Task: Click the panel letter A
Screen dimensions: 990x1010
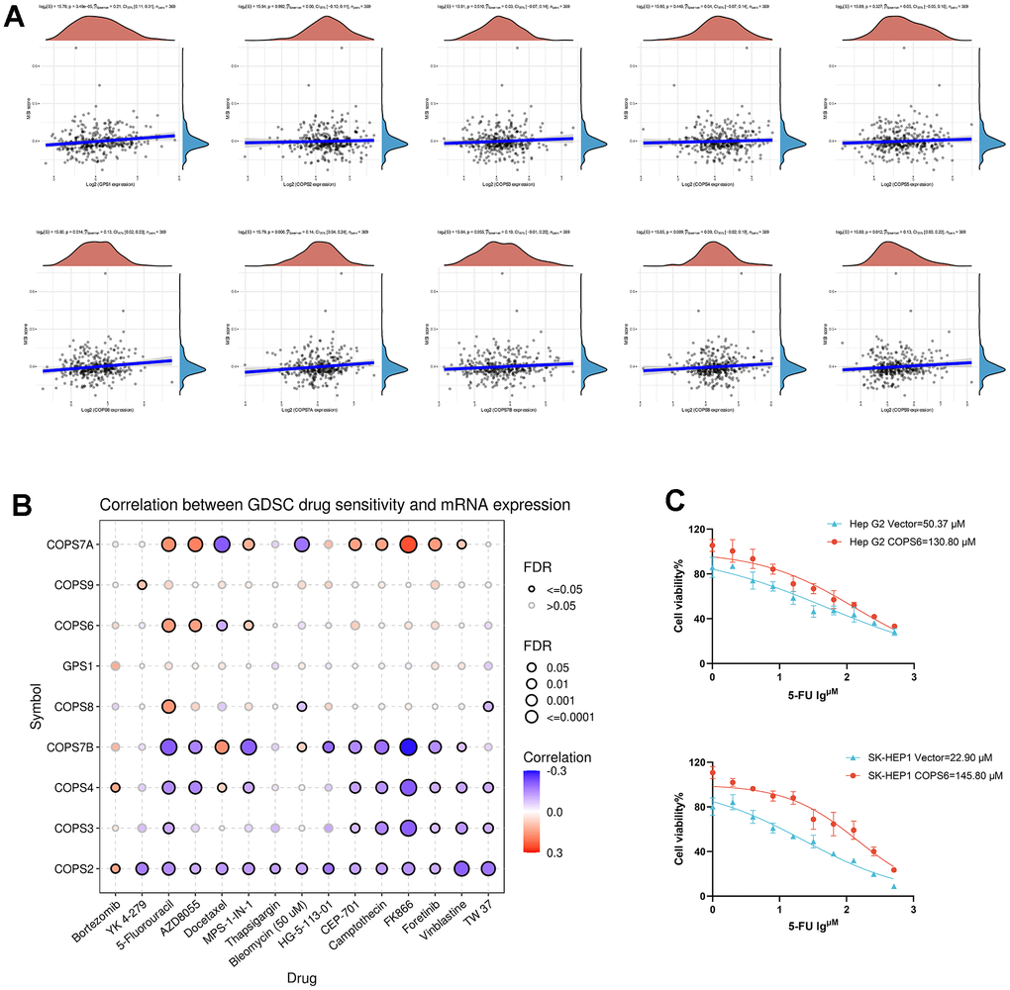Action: [x=16, y=20]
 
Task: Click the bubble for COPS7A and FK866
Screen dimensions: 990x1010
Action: [x=407, y=544]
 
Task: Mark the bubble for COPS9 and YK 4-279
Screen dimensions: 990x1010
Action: [x=142, y=584]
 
